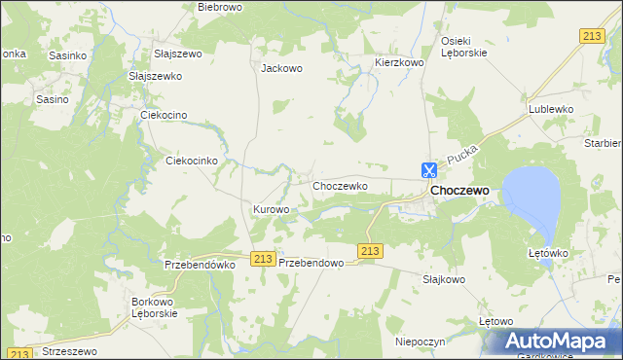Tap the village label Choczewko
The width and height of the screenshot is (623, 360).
339,185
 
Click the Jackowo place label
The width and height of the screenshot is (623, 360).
282,69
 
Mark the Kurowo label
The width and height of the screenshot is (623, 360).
272,209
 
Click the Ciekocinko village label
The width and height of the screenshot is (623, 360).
198,161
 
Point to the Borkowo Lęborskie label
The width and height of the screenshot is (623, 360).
154,307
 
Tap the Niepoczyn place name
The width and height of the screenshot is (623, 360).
420,342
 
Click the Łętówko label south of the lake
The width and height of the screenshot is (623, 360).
547,253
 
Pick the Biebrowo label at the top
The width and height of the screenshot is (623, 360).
219,7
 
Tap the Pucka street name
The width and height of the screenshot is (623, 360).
460,156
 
